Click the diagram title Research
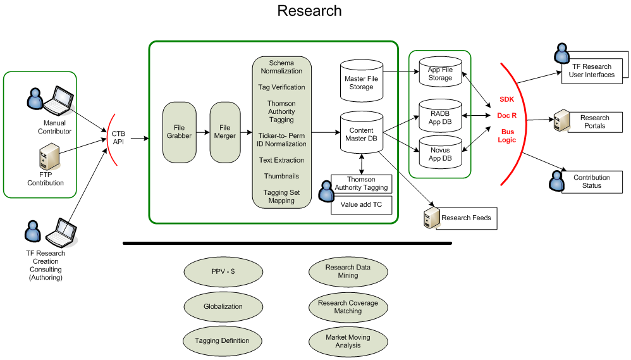point(309,11)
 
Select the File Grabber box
point(179,132)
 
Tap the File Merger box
point(225,132)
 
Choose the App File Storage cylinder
point(440,73)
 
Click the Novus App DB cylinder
point(440,154)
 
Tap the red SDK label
point(507,99)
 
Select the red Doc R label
point(507,116)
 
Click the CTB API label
point(119,137)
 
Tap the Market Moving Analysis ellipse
point(348,341)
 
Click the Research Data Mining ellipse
point(348,271)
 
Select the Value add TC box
point(361,205)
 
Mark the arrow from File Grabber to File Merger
point(202,132)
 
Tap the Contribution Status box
point(592,182)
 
